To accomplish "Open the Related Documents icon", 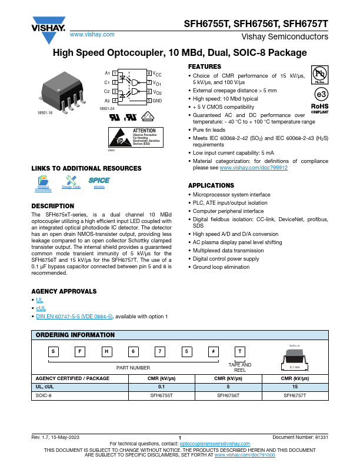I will click(x=43, y=183).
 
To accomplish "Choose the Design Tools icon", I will click(x=71, y=183).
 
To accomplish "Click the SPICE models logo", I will click(x=99, y=181).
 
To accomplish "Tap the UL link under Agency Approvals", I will click(x=39, y=300).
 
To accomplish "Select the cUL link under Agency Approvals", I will click(x=41, y=308).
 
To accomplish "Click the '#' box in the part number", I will click(x=212, y=352).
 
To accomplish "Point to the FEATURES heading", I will click(x=204, y=66).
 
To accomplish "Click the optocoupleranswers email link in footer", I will click(x=211, y=443).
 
